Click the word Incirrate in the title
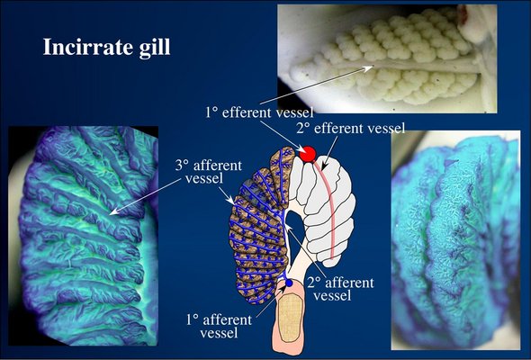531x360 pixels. (86, 47)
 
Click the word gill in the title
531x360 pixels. (154, 48)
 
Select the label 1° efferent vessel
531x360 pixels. (259, 112)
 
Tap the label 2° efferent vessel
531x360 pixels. (350, 129)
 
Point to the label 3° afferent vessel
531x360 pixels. (208, 172)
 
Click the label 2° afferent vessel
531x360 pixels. (341, 289)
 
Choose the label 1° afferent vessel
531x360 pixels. (219, 327)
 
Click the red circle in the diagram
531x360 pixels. (308, 154)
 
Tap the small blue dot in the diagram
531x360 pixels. (289, 283)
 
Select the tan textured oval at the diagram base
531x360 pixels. (292, 318)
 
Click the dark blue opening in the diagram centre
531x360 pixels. (294, 223)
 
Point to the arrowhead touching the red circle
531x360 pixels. (301, 149)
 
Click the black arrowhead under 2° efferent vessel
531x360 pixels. (323, 167)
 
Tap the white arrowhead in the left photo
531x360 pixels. (114, 211)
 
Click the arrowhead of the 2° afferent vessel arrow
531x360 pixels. (289, 230)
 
